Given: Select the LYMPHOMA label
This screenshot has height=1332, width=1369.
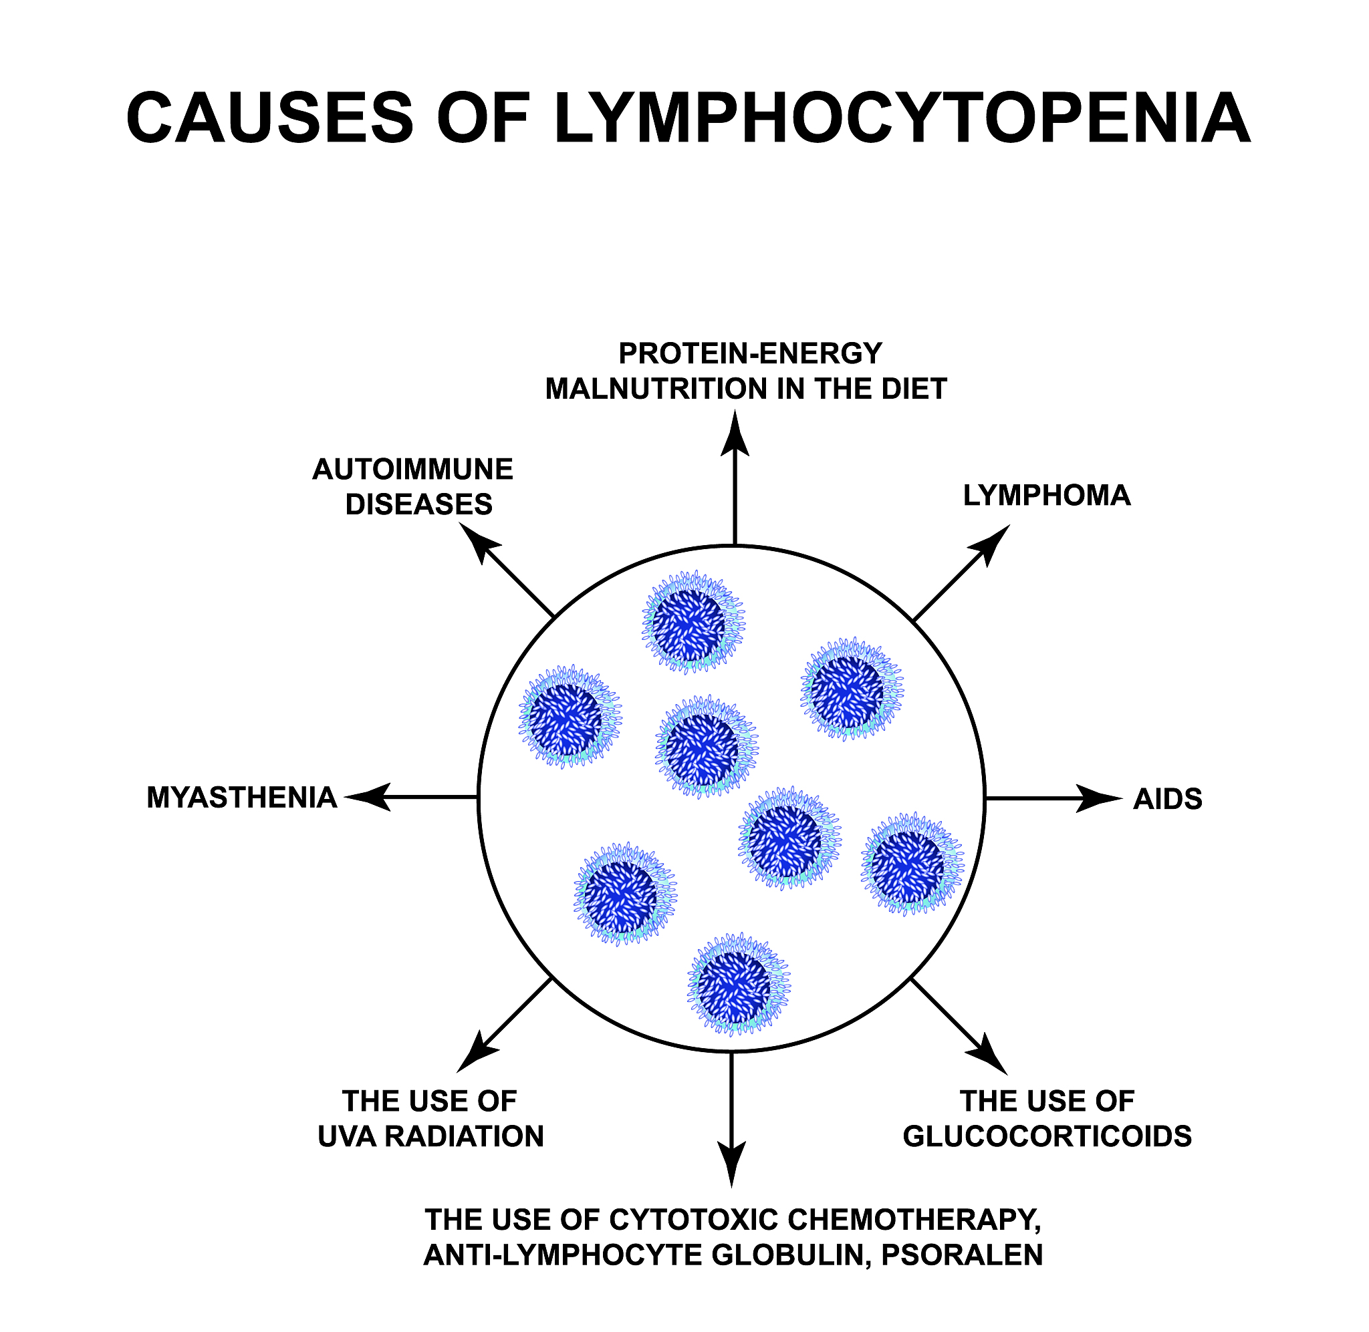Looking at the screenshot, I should point(1046,496).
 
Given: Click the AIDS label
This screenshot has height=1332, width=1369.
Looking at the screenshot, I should point(1167,799).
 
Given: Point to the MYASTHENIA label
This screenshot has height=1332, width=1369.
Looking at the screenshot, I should point(241,798).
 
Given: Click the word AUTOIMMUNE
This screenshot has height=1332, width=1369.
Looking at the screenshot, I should point(412,470).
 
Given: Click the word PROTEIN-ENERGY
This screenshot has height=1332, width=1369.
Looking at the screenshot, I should point(750,353).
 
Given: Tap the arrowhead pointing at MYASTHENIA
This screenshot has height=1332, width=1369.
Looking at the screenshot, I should point(368,797).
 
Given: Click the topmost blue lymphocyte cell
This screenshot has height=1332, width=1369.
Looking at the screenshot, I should point(693,622).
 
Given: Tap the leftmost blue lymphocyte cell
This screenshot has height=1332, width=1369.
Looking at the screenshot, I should point(569,716).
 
